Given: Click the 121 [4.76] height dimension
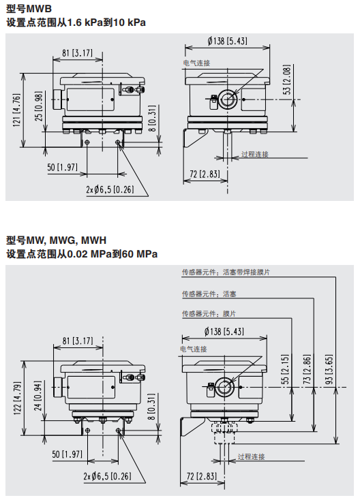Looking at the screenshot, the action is (16, 110).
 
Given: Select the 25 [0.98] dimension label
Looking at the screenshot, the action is (39, 106).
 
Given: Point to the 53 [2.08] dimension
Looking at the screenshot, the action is (287, 80).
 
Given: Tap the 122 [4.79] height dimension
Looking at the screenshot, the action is (17, 398).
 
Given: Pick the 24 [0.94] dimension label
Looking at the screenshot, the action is (38, 396).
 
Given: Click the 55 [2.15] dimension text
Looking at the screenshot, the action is (285, 369).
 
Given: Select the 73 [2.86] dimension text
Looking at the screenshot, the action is (307, 369).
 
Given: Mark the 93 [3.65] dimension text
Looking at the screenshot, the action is (329, 369).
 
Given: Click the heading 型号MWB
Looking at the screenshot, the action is (29, 9).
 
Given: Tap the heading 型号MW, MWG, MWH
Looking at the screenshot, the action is (56, 240).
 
